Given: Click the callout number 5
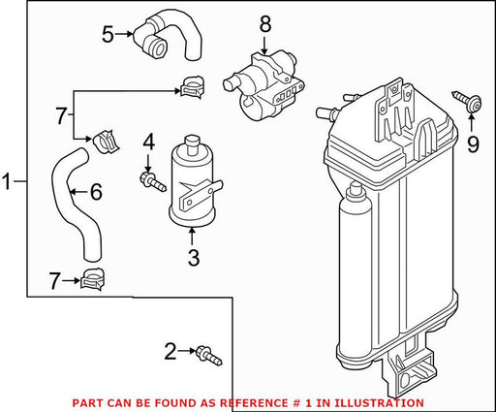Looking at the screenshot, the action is point(108,35).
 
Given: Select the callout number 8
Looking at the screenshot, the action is point(265,24).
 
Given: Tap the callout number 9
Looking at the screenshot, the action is point(473,144).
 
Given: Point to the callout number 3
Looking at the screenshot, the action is point(194,258).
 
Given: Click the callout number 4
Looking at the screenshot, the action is point(148,143).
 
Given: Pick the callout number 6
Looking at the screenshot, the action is point(96,192).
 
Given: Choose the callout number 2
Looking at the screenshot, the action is point(170,352).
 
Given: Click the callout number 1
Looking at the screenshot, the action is point(7,181).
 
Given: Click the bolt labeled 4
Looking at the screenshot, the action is point(153,182).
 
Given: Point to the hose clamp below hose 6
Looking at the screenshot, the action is point(93,279).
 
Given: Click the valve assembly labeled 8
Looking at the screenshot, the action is point(263,85).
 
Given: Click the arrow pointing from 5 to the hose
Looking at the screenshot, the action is point(123,34).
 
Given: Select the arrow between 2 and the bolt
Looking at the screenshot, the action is point(186,351).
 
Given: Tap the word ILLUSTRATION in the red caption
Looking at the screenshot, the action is point(379,403).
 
